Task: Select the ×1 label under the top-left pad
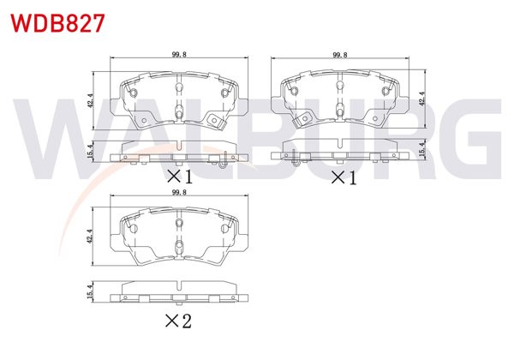point(180,177)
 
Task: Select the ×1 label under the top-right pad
point(342,177)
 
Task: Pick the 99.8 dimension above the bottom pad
point(178,195)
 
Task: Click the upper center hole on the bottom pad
point(178,223)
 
